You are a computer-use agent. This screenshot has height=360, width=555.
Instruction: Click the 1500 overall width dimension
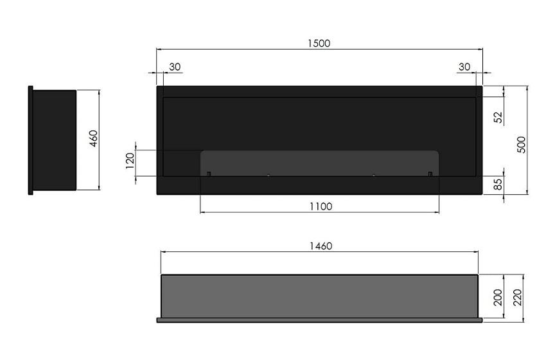pyautogui.click(x=319, y=43)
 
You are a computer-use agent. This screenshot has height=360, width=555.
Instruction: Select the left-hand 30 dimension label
pyautogui.click(x=175, y=67)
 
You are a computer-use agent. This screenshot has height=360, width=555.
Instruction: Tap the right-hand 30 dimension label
pyautogui.click(x=464, y=67)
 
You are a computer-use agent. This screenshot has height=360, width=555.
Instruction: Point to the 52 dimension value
pyautogui.click(x=498, y=117)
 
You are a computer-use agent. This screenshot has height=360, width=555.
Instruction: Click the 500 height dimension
pyautogui.click(x=522, y=145)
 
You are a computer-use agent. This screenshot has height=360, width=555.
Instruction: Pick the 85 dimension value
pyautogui.click(x=498, y=184)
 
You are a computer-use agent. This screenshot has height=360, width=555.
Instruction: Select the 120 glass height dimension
pyautogui.click(x=130, y=161)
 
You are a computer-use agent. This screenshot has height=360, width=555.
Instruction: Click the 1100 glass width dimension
pyautogui.click(x=321, y=206)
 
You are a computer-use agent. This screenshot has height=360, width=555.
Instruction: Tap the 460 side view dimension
pyautogui.click(x=93, y=139)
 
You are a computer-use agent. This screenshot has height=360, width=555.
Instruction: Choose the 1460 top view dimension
pyautogui.click(x=321, y=246)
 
